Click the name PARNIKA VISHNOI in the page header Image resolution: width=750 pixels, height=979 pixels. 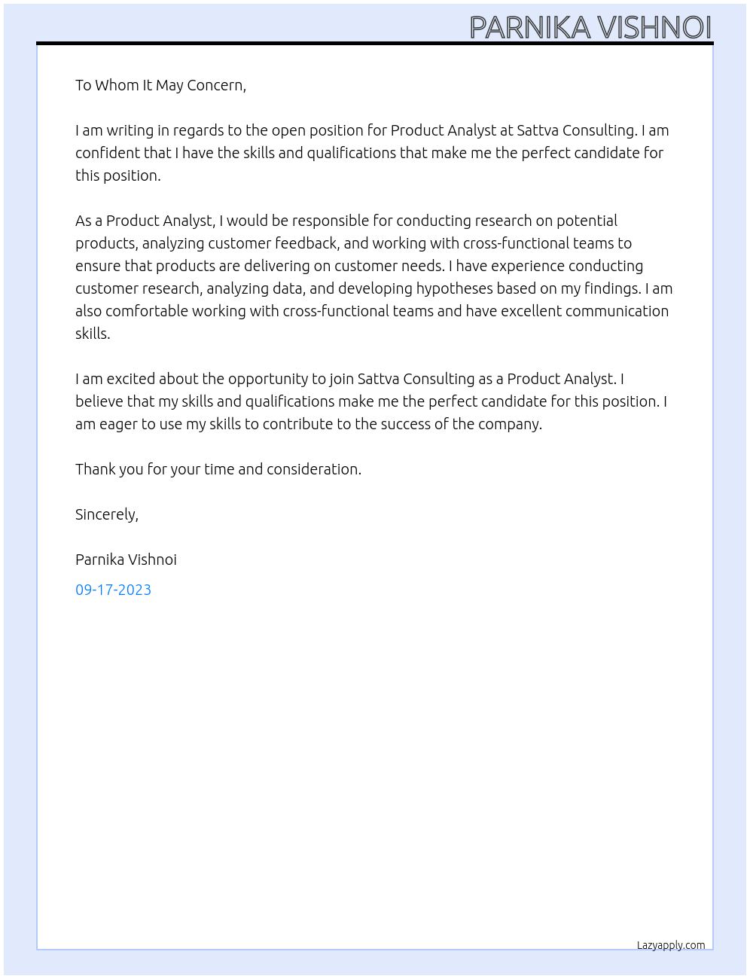pos(590,27)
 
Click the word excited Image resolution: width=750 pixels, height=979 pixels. pos(131,379)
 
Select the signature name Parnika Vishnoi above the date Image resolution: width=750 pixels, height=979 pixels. pos(126,560)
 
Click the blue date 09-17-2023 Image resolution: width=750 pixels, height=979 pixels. pos(113,590)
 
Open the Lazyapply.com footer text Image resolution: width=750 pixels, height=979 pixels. pos(671,945)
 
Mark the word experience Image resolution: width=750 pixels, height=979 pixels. pos(527,266)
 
